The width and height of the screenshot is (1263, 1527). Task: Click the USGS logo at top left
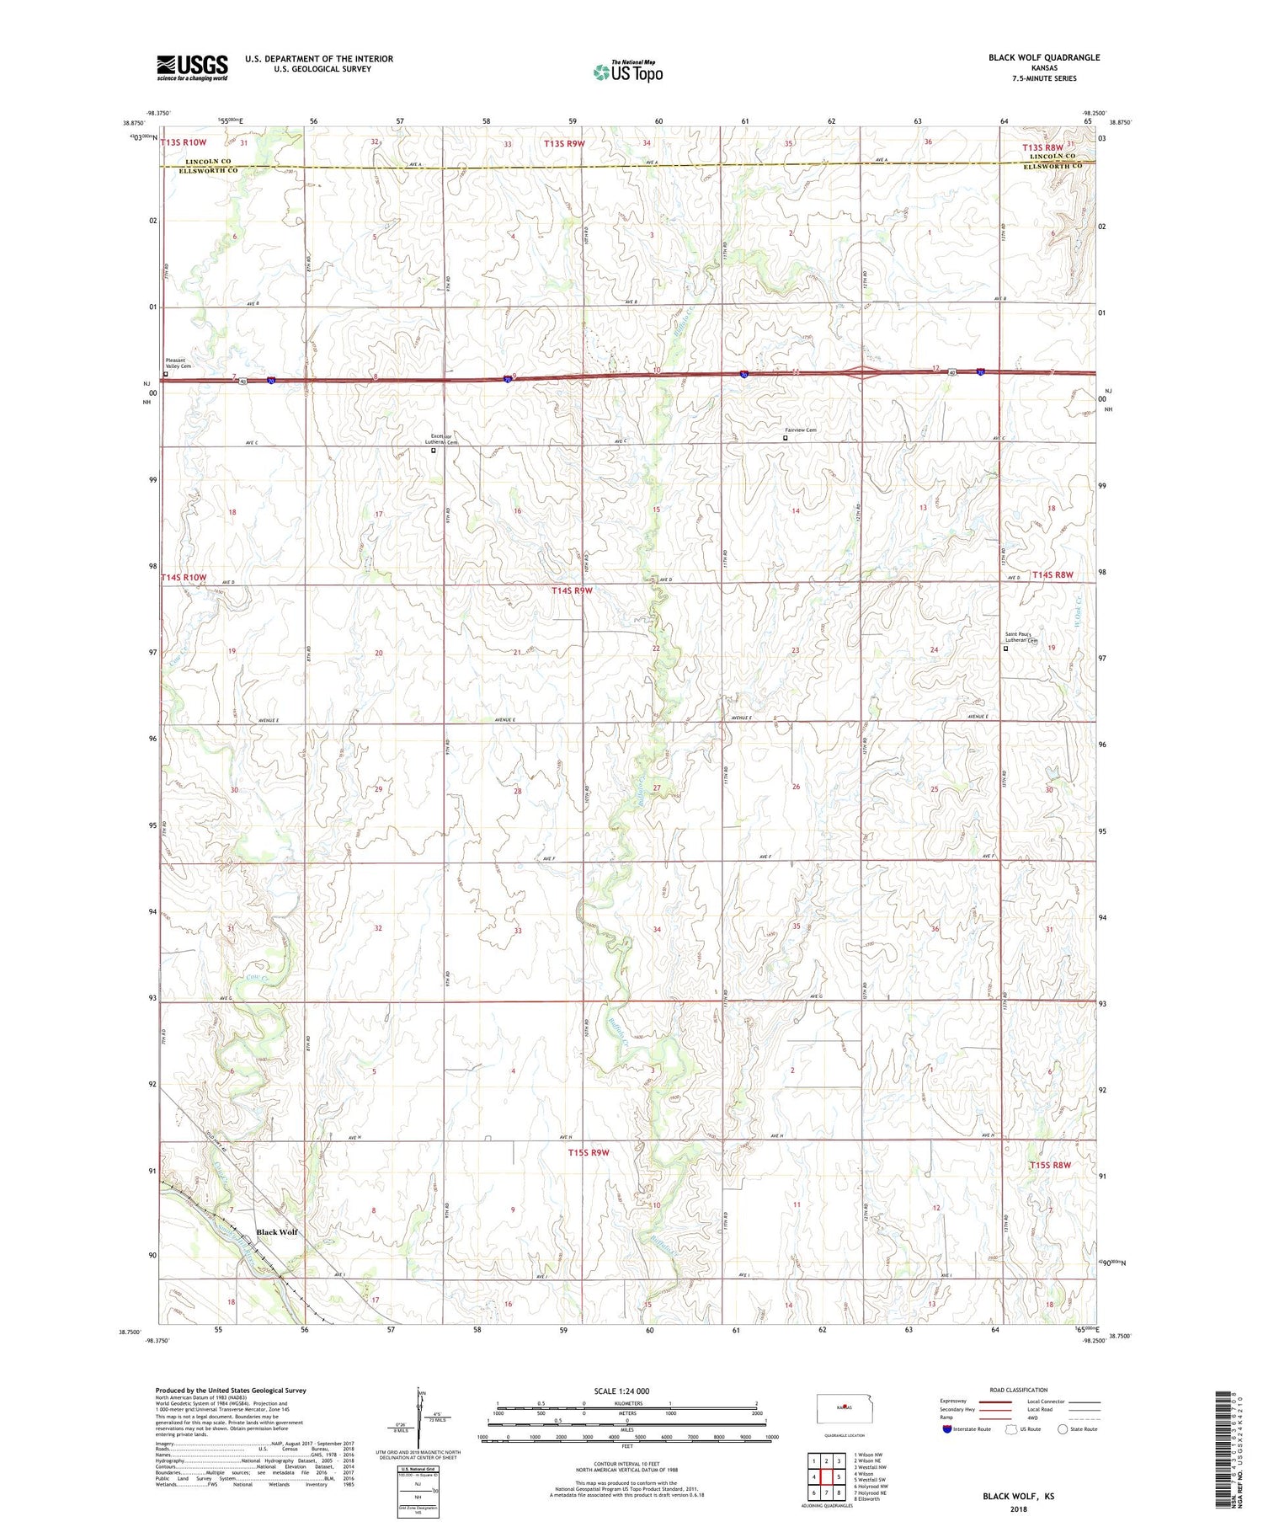click(192, 67)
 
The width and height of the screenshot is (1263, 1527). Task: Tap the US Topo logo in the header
click(628, 72)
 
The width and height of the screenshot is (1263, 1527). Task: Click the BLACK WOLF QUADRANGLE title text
click(1043, 57)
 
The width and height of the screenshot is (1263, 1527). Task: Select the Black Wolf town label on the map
click(277, 1232)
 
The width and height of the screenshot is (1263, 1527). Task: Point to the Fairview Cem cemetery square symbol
click(786, 438)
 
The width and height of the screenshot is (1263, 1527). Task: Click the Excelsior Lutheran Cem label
click(440, 439)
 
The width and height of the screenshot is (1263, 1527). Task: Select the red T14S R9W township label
click(573, 591)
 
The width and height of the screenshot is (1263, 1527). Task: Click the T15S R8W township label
click(1050, 1165)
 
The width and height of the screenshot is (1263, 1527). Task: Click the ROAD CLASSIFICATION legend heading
click(1019, 1390)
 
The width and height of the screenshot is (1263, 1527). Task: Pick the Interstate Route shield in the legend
click(947, 1429)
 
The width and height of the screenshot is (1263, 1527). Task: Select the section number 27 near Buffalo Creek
click(657, 788)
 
